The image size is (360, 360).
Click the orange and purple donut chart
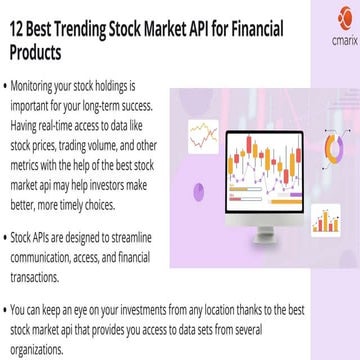336,147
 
